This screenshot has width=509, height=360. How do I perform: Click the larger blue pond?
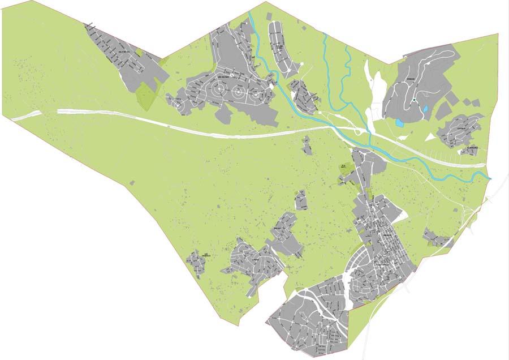point(400,122)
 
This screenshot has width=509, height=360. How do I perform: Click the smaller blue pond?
point(425,109)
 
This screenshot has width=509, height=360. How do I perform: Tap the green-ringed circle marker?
point(414,100)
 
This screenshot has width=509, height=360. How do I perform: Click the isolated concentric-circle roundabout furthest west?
point(179,104)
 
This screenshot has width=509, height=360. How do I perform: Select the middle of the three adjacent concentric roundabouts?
point(238,91)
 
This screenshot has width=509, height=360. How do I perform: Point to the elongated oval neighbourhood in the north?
point(279,45)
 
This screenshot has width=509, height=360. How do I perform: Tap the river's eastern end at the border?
point(490,178)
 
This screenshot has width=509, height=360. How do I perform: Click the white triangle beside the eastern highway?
point(430,136)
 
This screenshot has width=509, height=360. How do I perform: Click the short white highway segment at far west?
point(26,115)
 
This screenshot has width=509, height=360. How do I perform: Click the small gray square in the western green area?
point(132,183)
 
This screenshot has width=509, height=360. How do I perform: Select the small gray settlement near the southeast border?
point(437,238)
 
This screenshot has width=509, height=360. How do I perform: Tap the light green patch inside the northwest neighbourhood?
point(139,53)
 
